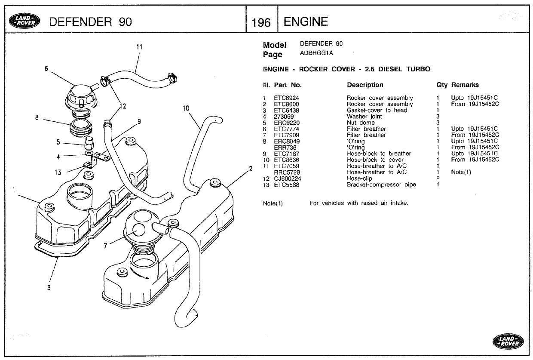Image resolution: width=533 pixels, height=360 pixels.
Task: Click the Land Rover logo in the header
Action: click(x=25, y=21)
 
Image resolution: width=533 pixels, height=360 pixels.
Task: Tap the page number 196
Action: click(x=261, y=22)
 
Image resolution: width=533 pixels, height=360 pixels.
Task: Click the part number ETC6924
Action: click(x=286, y=98)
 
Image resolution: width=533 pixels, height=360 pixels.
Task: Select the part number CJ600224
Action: click(x=288, y=178)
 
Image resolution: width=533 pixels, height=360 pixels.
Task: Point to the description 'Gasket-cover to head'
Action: click(x=377, y=110)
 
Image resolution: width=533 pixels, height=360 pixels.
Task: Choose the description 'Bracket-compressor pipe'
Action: click(x=381, y=185)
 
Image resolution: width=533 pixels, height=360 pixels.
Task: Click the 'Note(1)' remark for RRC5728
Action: click(x=461, y=172)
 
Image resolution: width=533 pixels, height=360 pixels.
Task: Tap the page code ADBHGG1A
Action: click(x=316, y=53)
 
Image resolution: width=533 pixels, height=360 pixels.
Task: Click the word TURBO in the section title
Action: click(x=418, y=69)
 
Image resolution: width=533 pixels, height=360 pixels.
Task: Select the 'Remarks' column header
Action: click(x=465, y=85)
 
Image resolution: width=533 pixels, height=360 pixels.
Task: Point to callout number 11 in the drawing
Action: click(x=139, y=47)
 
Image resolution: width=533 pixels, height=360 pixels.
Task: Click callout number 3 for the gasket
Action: click(x=49, y=288)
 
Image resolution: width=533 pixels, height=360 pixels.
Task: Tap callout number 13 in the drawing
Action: click(x=58, y=172)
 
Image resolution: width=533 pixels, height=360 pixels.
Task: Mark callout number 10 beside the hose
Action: click(x=186, y=108)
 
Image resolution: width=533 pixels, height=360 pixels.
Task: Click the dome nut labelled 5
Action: click(x=89, y=143)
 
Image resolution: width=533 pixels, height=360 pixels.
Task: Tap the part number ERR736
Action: click(x=285, y=148)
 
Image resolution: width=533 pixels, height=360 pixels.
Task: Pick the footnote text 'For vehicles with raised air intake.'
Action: click(x=359, y=203)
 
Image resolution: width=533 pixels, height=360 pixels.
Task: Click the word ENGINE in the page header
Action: click(x=306, y=22)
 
